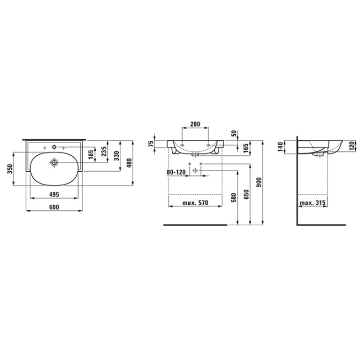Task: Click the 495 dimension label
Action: click(x=54, y=194)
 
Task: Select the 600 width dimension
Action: click(x=54, y=207)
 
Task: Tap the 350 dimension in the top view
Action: click(x=10, y=169)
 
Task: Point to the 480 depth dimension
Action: click(x=129, y=163)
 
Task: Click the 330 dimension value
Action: click(x=117, y=156)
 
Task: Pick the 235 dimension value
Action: click(x=104, y=152)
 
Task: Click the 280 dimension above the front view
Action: click(x=195, y=124)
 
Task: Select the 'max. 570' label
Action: click(x=195, y=203)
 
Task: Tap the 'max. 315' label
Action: click(x=313, y=203)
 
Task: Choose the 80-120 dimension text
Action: click(x=176, y=172)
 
